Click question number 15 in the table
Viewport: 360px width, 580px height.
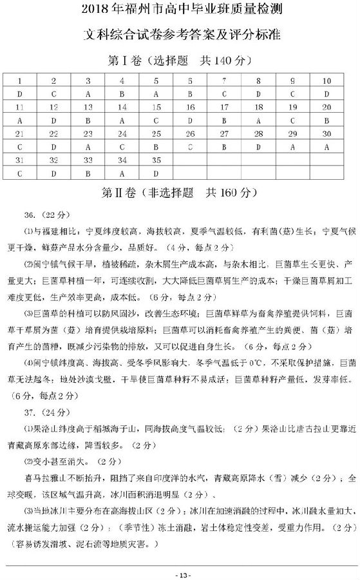click(156, 107)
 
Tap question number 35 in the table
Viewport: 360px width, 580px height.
click(156, 160)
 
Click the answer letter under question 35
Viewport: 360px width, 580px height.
click(156, 173)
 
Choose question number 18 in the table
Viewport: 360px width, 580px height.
click(258, 107)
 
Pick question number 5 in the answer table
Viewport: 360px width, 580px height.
click(156, 81)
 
